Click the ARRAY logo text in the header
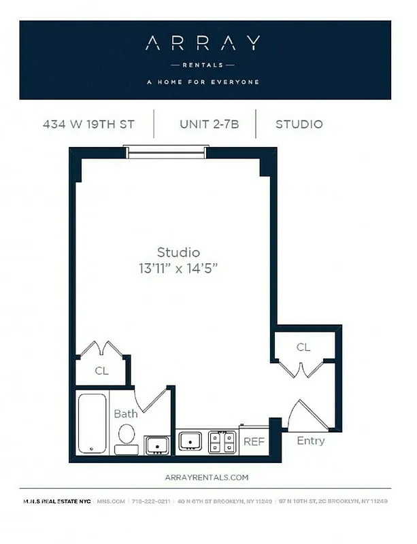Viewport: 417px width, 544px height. click(x=203, y=44)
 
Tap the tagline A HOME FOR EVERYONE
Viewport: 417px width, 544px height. click(x=203, y=82)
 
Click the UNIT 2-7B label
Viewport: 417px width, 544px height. click(x=209, y=124)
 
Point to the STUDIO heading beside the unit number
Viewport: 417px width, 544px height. click(x=299, y=124)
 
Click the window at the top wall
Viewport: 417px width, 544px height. click(x=167, y=153)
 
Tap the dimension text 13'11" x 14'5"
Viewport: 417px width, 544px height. click(x=178, y=268)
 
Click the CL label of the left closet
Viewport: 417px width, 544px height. click(x=101, y=371)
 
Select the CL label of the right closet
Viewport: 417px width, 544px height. click(x=303, y=347)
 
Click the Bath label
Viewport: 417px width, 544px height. click(x=125, y=413)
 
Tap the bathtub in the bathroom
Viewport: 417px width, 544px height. click(x=92, y=422)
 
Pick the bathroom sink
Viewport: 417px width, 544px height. click(x=157, y=445)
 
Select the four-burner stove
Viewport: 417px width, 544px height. click(x=222, y=442)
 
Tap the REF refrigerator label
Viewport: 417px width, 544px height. click(x=254, y=441)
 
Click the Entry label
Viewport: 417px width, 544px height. click(x=310, y=441)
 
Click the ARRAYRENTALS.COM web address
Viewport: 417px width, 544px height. click(x=207, y=478)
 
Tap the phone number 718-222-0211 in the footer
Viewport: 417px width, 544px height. click(x=150, y=501)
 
